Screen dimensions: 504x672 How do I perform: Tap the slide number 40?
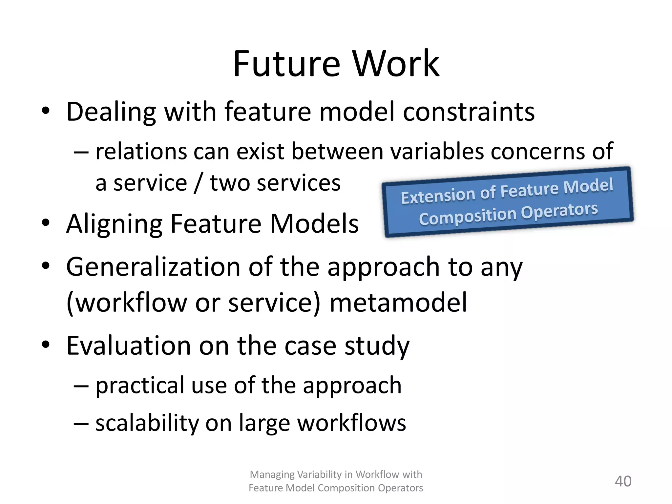pyautogui.click(x=623, y=481)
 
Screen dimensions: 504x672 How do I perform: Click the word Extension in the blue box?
pyautogui.click(x=438, y=196)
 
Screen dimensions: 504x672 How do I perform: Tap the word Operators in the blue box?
pyautogui.click(x=559, y=211)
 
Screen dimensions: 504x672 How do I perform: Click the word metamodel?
pyautogui.click(x=398, y=303)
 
